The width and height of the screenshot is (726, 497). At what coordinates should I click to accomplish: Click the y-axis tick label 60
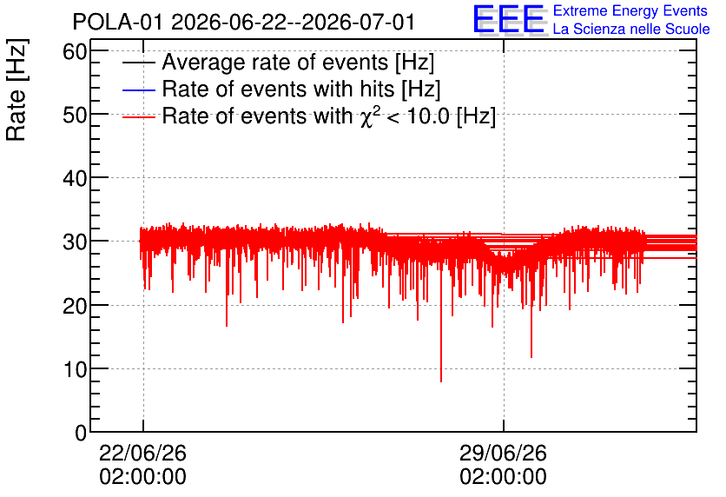coord(75,51)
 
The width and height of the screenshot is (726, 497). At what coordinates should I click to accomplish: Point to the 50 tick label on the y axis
coord(75,115)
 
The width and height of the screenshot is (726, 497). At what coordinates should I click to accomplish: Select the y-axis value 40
coord(75,178)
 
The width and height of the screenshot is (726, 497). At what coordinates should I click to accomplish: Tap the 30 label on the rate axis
coord(75,242)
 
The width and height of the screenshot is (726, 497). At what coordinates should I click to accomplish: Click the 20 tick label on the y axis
coord(75,305)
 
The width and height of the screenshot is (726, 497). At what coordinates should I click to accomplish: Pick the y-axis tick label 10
coord(75,369)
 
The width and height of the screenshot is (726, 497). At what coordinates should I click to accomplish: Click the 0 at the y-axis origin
coord(81,433)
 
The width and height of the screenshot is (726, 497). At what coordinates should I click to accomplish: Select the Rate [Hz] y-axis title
coord(16,89)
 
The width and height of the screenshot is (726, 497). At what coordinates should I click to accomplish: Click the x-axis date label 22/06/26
coord(142,453)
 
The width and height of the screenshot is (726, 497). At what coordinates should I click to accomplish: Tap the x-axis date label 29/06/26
coord(504,453)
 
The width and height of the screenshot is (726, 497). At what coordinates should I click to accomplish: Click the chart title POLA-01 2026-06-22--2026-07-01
coord(243,22)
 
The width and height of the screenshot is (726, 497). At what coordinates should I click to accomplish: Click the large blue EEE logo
coord(509,19)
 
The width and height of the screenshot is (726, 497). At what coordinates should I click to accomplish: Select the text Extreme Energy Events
coord(630,10)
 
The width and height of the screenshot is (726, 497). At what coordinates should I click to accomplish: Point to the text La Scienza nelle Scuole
coord(631,29)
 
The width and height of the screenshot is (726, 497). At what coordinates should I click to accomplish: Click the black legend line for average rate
coord(138,63)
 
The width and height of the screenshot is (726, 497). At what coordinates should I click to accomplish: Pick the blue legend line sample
coord(138,89)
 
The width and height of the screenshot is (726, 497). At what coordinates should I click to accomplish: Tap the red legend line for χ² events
coord(138,116)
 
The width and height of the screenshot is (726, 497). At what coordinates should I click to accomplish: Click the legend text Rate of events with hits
coord(301,89)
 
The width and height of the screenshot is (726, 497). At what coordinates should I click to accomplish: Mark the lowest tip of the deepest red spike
coord(441,381)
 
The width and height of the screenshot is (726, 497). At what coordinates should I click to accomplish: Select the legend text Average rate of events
coord(298,62)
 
